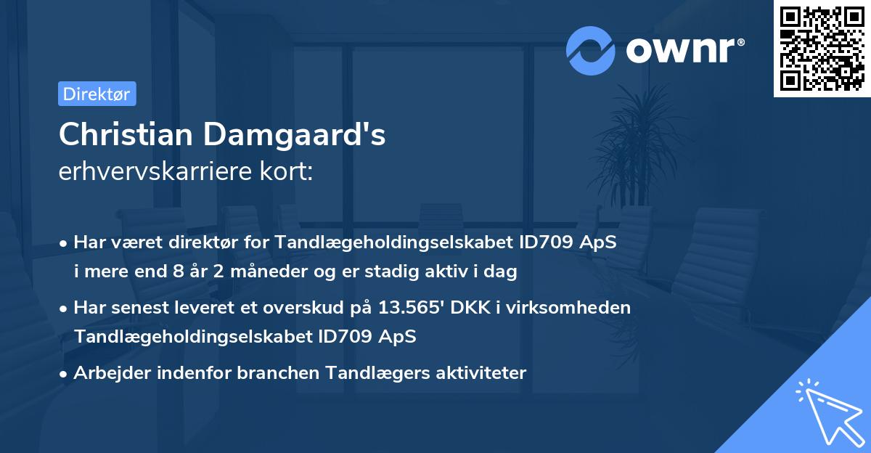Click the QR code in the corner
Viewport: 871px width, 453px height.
[822, 49]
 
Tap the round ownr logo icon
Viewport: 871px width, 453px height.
[591, 50]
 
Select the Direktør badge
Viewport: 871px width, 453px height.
[97, 94]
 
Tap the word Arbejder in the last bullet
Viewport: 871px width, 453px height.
[110, 373]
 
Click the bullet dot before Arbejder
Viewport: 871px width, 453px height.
[65, 374]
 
